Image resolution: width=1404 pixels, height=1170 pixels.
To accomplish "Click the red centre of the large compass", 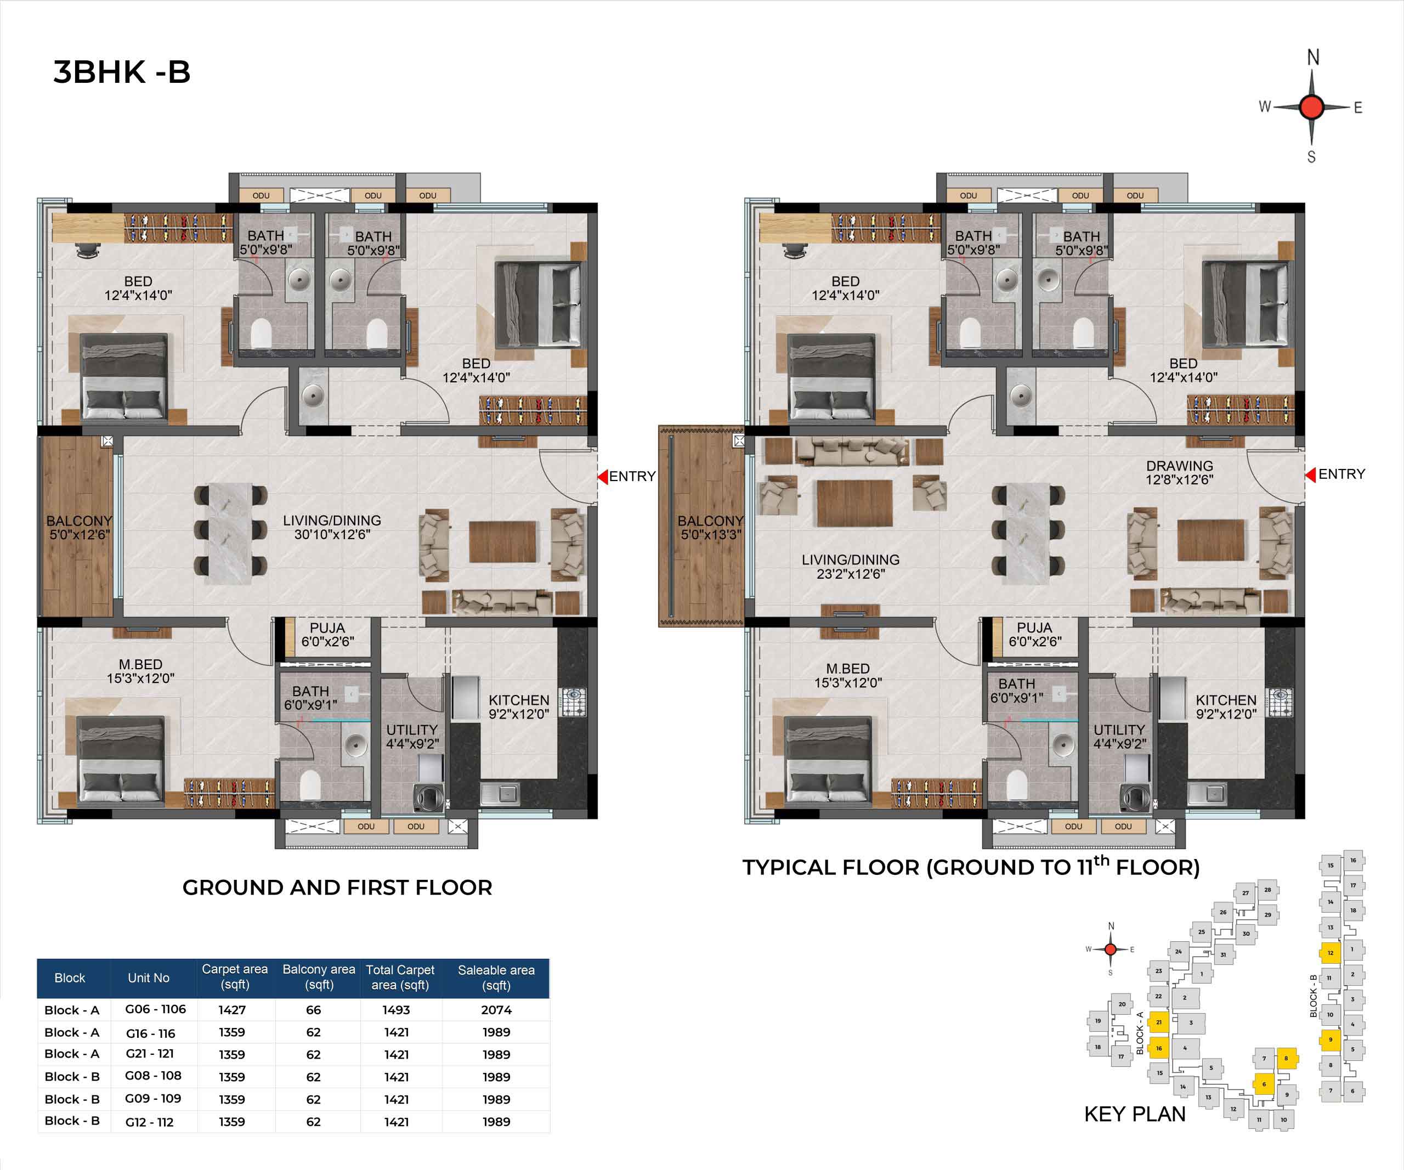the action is click(1312, 107).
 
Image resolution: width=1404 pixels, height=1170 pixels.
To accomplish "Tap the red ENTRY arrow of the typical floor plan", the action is click(1310, 474).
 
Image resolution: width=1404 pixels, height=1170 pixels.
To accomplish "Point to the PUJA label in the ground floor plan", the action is click(327, 628).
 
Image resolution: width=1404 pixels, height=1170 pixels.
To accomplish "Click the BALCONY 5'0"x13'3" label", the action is click(711, 528).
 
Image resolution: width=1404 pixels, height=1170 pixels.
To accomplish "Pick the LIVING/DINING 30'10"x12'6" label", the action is click(332, 527).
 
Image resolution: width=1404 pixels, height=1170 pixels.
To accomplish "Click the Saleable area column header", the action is click(496, 977).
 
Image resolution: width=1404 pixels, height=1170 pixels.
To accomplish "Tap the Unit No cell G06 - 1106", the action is click(156, 1009).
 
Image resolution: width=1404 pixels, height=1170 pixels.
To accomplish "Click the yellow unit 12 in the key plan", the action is click(1330, 953).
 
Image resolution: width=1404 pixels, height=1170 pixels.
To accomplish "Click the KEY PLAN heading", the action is click(1135, 1115).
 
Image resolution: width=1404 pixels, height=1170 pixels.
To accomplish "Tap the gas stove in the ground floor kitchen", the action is click(573, 702).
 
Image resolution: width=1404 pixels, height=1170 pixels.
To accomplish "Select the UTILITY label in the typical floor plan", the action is click(1119, 730).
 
